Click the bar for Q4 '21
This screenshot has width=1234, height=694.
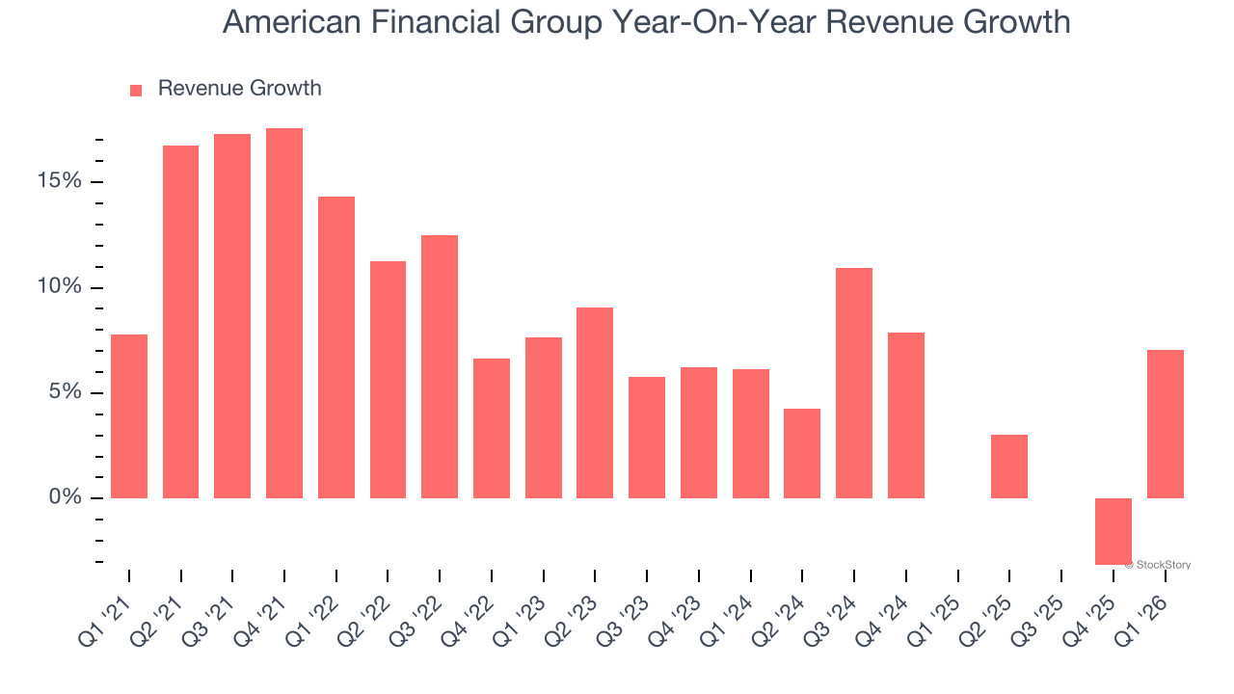284,313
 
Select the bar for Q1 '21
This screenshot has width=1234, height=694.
129,416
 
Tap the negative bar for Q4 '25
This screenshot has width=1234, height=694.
1113,531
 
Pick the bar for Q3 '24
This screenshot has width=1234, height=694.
854,383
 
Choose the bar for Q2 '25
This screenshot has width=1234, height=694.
1009,467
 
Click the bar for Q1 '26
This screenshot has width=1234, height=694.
1166,424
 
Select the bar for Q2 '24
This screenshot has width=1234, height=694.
802,453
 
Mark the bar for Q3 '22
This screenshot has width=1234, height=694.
440,366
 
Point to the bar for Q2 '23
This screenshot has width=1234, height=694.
595,403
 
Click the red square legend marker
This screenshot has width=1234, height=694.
136,90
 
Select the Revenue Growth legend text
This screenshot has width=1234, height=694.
239,89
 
